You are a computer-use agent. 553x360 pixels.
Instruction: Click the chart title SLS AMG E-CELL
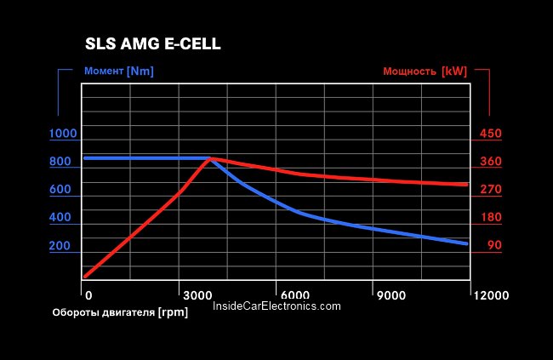click(x=153, y=44)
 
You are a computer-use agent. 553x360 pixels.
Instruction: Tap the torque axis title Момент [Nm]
click(x=119, y=71)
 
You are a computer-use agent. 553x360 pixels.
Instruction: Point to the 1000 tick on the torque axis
click(x=63, y=134)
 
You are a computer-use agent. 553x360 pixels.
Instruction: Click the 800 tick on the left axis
click(x=60, y=162)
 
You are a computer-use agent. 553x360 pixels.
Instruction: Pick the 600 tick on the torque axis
click(x=60, y=190)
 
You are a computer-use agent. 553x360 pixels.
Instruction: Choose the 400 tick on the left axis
click(x=60, y=218)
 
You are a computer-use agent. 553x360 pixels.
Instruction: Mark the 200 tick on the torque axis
click(x=60, y=246)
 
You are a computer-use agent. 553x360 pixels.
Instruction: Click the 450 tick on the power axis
click(x=491, y=134)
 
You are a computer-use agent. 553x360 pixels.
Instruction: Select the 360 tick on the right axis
click(x=491, y=162)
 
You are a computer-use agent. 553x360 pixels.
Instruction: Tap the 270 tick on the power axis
click(x=491, y=190)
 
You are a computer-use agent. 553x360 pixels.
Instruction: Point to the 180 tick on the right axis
click(x=491, y=218)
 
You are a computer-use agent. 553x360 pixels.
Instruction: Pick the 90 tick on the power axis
click(x=494, y=246)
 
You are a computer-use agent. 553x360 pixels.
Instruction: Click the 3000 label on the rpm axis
click(x=198, y=295)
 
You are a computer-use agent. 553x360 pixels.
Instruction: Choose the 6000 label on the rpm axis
click(x=294, y=295)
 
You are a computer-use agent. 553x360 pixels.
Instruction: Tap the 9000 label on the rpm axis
click(x=391, y=295)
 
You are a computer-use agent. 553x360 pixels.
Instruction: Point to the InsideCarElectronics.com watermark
click(x=276, y=306)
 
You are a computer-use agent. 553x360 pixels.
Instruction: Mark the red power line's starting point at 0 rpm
click(x=85, y=277)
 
